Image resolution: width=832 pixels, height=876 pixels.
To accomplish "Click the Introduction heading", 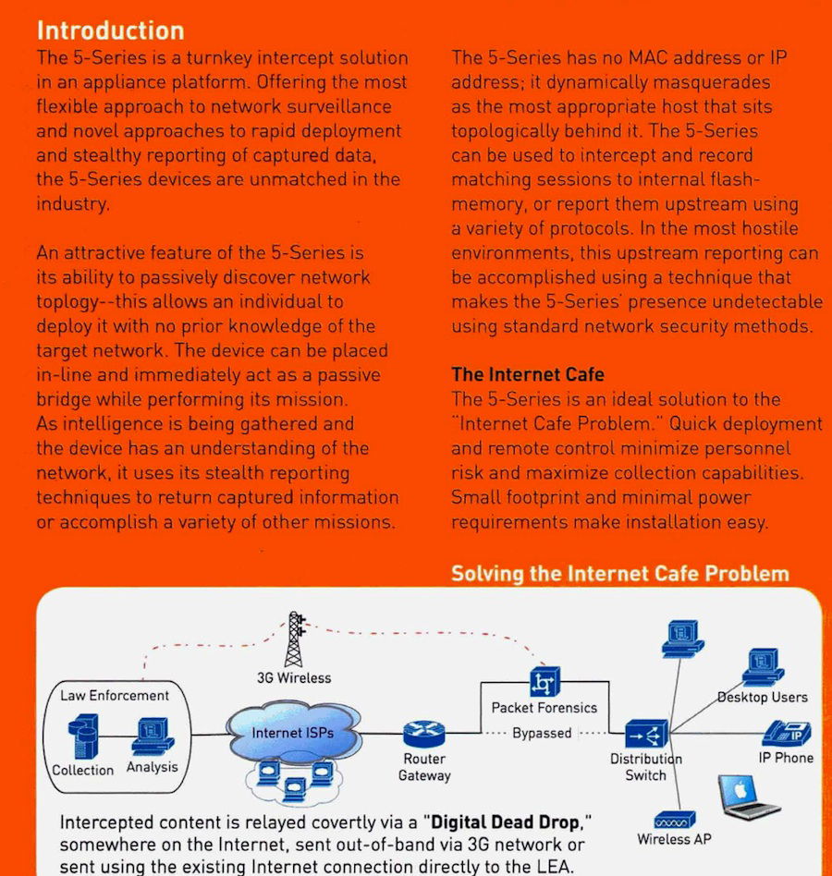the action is click(x=111, y=30).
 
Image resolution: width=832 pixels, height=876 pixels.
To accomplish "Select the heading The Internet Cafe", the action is click(x=528, y=374).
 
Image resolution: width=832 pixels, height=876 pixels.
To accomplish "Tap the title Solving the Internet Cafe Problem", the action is click(x=620, y=574).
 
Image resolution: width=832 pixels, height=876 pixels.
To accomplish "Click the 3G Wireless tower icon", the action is click(x=295, y=639).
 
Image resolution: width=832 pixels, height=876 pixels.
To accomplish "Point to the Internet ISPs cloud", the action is click(x=293, y=733).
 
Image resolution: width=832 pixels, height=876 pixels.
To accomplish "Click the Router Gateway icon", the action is click(x=424, y=733).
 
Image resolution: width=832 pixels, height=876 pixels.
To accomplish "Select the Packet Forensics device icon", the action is click(x=544, y=682).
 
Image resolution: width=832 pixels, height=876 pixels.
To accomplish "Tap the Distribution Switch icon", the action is click(x=646, y=734).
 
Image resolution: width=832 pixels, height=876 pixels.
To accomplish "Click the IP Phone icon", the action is click(x=787, y=733).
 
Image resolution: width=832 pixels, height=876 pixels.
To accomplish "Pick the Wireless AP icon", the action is click(x=675, y=821).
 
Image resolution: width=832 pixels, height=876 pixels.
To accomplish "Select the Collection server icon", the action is click(x=83, y=736).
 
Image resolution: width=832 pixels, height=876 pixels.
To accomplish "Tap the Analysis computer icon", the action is click(x=153, y=736).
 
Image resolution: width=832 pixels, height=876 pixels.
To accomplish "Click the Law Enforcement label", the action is click(x=115, y=696).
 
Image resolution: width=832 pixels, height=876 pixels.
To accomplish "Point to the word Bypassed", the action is click(x=542, y=733).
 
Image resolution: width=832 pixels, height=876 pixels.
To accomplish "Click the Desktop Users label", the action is click(x=763, y=698).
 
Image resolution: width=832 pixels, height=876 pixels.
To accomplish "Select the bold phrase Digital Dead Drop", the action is click(x=505, y=822).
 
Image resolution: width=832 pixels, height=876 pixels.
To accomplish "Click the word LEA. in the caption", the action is click(x=556, y=867).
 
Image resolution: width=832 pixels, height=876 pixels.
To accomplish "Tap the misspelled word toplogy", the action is click(x=67, y=302).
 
